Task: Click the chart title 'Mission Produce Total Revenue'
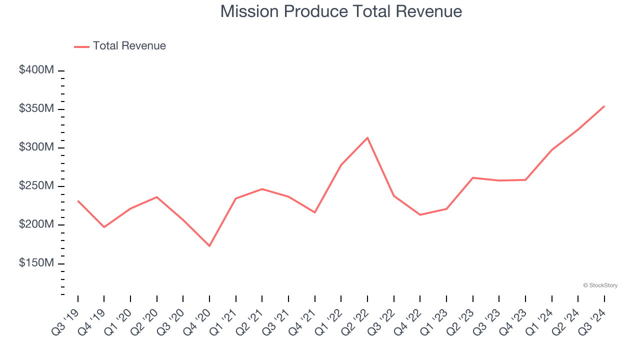(x=341, y=11)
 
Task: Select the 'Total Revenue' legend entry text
(x=129, y=46)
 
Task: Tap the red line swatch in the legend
(x=81, y=46)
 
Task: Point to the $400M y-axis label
(x=36, y=70)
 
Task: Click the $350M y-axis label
(x=36, y=109)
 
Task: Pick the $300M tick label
(x=36, y=147)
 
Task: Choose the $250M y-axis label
(x=36, y=186)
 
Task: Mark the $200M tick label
(x=36, y=224)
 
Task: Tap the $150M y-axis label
(x=36, y=263)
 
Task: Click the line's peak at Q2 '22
(x=367, y=137)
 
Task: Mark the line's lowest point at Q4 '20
(x=209, y=246)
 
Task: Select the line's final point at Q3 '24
(x=604, y=106)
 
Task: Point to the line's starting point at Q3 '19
(x=78, y=200)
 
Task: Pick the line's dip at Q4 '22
(x=420, y=214)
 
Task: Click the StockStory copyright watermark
(x=600, y=285)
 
